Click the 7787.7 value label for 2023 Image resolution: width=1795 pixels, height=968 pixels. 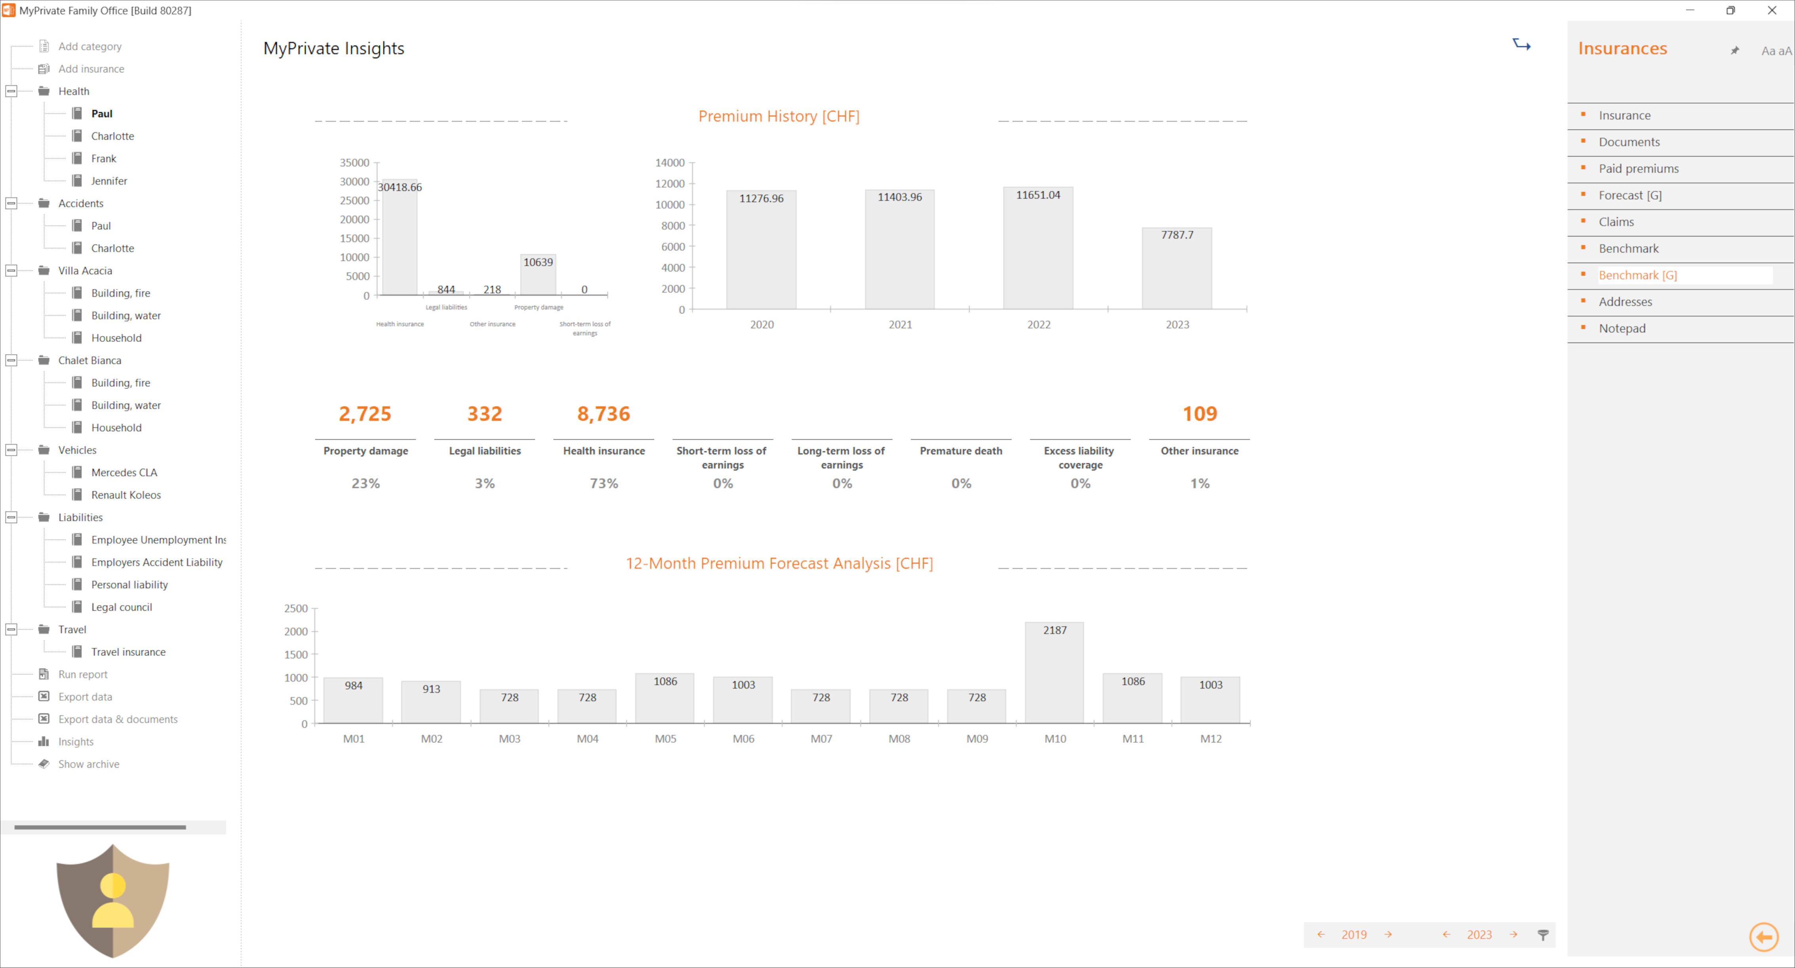click(x=1177, y=235)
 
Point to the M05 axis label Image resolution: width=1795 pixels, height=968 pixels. click(x=665, y=739)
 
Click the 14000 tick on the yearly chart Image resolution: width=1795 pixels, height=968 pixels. click(x=670, y=162)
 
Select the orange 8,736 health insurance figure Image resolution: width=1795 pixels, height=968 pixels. click(x=603, y=414)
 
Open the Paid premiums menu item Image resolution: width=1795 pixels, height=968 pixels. click(x=1638, y=169)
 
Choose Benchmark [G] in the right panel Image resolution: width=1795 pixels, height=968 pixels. click(x=1637, y=275)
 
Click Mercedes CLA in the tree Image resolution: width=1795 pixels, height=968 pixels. click(x=124, y=473)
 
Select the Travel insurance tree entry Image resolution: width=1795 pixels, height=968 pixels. click(x=128, y=652)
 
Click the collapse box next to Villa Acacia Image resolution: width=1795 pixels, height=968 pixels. click(x=11, y=271)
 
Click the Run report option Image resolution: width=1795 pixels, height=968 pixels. click(x=83, y=674)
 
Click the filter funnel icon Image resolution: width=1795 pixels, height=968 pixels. click(x=1543, y=935)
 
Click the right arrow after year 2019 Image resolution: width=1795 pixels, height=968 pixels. click(x=1388, y=935)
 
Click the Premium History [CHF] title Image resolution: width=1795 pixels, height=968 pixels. click(x=779, y=116)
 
